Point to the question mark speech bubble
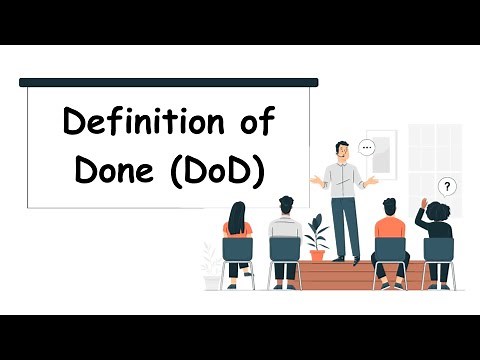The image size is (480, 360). [447, 186]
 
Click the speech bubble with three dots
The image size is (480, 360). [367, 147]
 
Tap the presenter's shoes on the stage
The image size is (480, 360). [344, 262]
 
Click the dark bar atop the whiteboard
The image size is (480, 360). [169, 82]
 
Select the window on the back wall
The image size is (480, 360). [435, 160]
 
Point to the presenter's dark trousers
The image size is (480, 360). [344, 225]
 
